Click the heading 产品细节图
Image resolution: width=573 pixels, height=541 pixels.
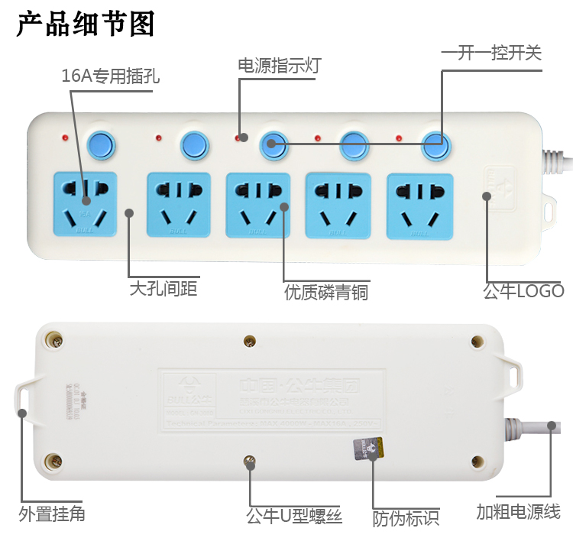coord(86,24)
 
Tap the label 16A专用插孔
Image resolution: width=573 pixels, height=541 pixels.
coord(111,76)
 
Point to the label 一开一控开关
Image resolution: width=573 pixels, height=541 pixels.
coord(491,53)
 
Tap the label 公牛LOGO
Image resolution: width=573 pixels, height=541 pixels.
coord(523,291)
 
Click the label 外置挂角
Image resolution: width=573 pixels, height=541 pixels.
coord(52,513)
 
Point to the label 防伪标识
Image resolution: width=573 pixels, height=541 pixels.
coord(406,518)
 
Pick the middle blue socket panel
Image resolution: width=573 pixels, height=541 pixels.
coord(258,204)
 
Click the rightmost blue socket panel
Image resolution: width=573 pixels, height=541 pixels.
coord(419,204)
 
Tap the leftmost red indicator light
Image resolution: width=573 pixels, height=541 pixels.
coord(65,139)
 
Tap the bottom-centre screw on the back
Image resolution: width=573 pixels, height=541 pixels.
coord(248,461)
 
